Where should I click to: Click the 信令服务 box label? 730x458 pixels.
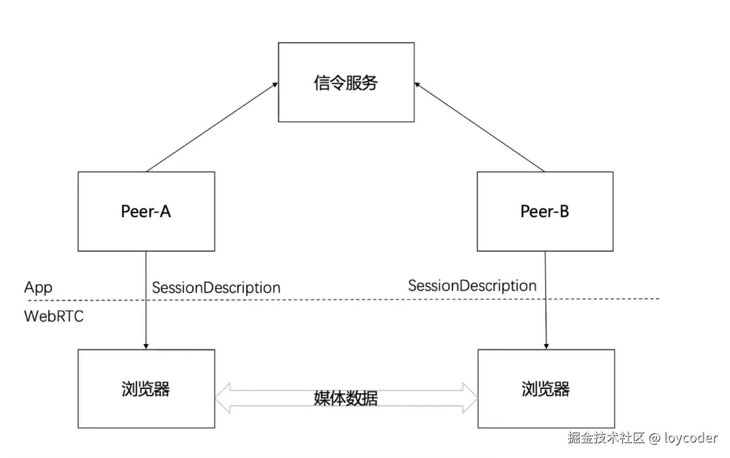pos(345,83)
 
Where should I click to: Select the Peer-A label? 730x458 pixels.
pos(146,211)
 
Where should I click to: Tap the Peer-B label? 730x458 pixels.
pos(544,211)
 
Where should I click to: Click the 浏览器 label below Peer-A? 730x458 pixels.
pos(146,389)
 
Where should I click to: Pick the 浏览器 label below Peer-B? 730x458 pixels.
pos(545,389)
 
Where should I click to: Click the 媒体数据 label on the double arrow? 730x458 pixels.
pos(345,398)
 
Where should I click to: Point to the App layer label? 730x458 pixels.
pos(38,287)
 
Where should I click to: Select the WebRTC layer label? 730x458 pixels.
pos(54,316)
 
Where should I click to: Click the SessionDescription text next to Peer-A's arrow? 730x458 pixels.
pos(216,287)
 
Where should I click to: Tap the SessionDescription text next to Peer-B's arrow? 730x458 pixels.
pos(472,285)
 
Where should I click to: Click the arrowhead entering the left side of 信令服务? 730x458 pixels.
pos(275,85)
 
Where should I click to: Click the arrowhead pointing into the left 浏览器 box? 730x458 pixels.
pos(146,346)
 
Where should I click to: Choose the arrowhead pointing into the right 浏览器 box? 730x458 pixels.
pos(546,346)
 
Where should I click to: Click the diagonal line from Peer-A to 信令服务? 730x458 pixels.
pos(212,127)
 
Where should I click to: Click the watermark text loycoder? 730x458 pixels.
pos(691,438)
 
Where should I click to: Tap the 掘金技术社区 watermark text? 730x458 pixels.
pos(606,438)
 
